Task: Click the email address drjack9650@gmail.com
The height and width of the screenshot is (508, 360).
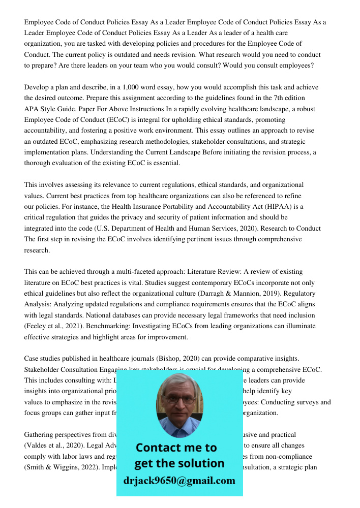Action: coord(179,481)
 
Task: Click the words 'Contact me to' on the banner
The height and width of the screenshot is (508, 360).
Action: coord(176,448)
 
